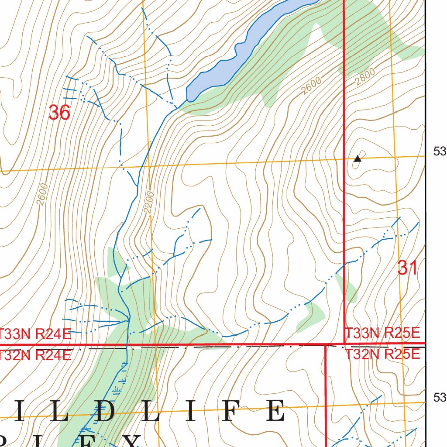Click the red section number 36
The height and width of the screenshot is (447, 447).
pos(59,113)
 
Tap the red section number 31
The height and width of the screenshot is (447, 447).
pos(407,268)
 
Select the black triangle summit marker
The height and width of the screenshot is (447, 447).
pos(358,158)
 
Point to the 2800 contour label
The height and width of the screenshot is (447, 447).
pos(365,77)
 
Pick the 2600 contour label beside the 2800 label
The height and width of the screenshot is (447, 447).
pos(311,86)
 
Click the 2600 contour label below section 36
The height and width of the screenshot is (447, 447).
pos(42,194)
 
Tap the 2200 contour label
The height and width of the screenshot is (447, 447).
pos(149,202)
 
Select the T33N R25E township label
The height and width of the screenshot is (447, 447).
pos(382,334)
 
